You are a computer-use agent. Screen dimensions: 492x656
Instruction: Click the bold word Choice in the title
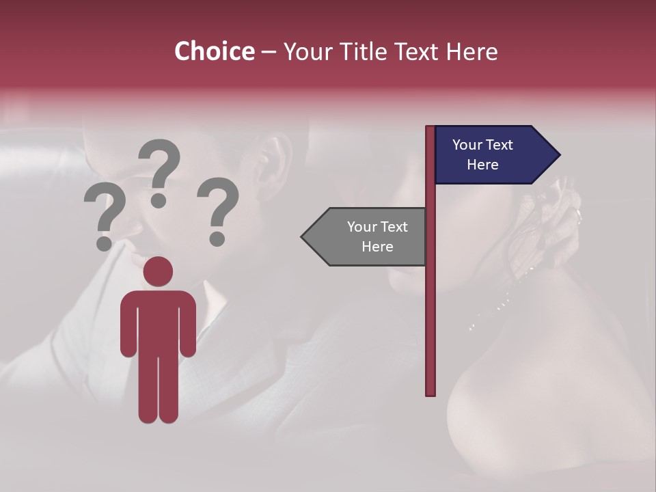tap(214, 51)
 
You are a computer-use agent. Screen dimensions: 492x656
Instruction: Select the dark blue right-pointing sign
tap(492, 154)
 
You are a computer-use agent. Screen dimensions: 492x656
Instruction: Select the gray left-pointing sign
tap(369, 236)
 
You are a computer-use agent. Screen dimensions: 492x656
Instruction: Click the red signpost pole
tap(430, 307)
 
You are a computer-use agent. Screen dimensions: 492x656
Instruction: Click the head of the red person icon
tap(159, 271)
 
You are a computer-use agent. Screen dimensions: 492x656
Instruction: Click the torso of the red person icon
tap(159, 321)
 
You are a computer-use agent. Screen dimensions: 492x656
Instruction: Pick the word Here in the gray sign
tap(377, 247)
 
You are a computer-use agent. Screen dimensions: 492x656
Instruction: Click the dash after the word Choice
tap(269, 53)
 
